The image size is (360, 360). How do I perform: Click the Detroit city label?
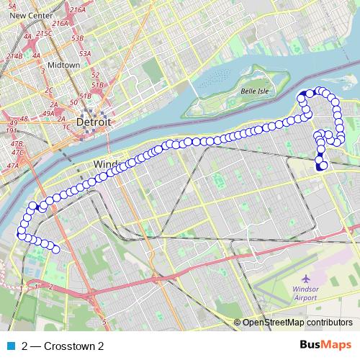[x=94, y=122]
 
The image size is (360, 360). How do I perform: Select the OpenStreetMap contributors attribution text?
[x=297, y=323]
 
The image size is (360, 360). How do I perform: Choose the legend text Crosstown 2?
[x=63, y=346]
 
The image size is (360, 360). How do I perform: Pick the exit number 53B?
[x=78, y=37]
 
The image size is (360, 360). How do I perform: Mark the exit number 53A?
[x=84, y=53]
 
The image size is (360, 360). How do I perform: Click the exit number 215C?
[x=45, y=33]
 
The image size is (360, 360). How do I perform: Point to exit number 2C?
[x=49, y=90]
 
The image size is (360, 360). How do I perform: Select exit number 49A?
[x=49, y=113]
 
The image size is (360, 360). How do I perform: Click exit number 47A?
[x=12, y=166]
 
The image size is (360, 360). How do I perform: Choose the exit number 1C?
[x=66, y=127]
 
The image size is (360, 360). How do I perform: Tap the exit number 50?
[x=73, y=103]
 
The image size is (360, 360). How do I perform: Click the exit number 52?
[x=94, y=75]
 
